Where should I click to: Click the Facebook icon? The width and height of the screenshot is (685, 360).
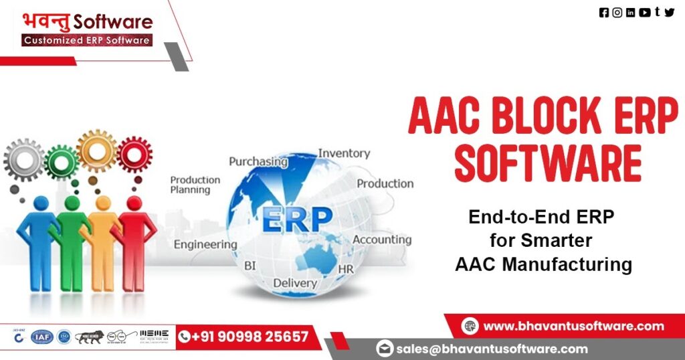(604, 12)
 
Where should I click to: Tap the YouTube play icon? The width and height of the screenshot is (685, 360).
(644, 12)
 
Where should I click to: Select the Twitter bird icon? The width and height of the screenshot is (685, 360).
(670, 12)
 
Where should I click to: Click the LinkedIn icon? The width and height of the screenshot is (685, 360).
(630, 12)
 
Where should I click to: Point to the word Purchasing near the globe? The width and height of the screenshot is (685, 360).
(258, 161)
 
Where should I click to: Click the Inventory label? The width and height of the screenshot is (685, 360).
(344, 153)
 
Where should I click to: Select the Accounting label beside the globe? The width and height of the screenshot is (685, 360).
(382, 240)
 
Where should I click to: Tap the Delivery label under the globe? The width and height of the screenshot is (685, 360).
(295, 282)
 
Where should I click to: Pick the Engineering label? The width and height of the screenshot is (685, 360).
(205, 244)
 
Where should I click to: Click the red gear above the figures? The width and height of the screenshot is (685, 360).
(134, 154)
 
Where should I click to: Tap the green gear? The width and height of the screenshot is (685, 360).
(62, 161)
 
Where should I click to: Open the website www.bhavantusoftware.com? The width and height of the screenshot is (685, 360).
(573, 326)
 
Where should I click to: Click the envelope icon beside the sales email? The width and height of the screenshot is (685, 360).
(384, 348)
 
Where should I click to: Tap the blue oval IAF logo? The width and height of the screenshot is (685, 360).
(42, 337)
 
